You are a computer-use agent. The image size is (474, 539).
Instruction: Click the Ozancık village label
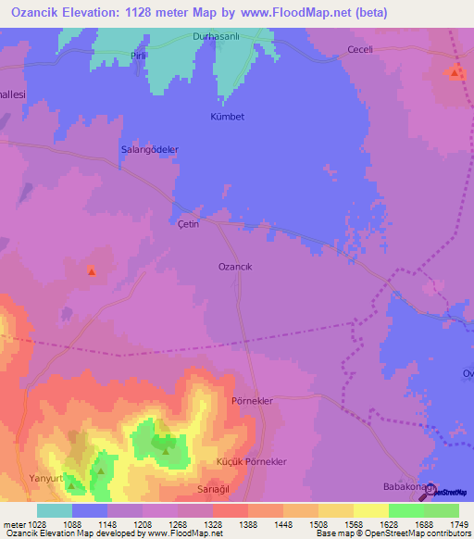(x=235, y=266)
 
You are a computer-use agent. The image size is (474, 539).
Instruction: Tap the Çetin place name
(x=188, y=225)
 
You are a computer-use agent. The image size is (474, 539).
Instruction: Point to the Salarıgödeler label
(x=149, y=149)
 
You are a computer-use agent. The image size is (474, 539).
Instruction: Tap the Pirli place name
(x=140, y=56)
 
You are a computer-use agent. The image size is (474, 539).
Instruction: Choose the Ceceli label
(x=358, y=50)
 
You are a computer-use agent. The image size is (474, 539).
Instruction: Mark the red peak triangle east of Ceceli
(x=455, y=70)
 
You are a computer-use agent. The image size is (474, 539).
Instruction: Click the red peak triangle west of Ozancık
(x=92, y=271)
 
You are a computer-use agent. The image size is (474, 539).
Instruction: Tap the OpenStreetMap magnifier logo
(x=428, y=491)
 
